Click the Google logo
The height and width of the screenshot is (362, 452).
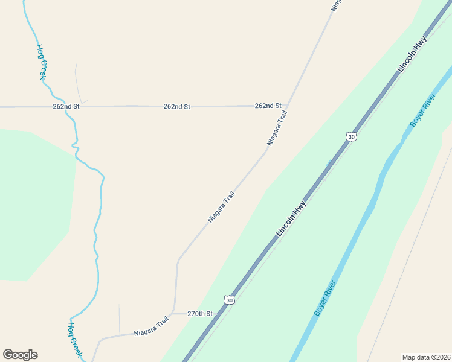[20, 355]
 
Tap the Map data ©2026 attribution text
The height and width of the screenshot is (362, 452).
[426, 357]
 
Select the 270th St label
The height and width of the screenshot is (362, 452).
[200, 314]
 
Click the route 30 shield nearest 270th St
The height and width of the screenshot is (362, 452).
[228, 300]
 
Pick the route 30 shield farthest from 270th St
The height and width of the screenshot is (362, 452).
[352, 137]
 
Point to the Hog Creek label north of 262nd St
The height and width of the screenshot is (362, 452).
[41, 62]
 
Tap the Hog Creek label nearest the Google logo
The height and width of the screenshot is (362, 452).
[74, 339]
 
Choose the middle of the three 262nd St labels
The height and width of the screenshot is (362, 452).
[176, 106]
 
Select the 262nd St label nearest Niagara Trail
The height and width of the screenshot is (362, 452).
[268, 106]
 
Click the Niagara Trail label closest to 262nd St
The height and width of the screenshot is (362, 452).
[277, 128]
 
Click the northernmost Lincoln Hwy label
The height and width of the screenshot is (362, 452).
[412, 55]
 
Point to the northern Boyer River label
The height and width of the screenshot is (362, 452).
[422, 114]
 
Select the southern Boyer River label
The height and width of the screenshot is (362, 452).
[324, 298]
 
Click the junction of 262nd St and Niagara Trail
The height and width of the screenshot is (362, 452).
[286, 107]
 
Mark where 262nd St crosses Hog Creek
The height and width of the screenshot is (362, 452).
[74, 107]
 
